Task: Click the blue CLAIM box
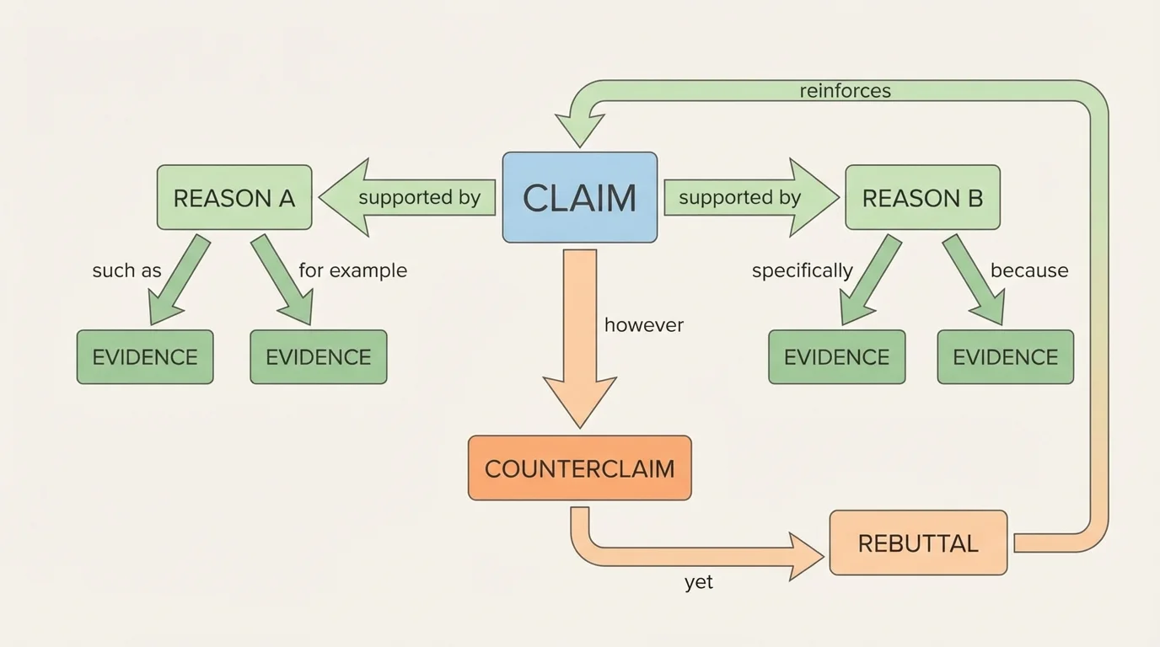[579, 198]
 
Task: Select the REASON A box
[234, 198]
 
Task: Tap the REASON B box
[922, 198]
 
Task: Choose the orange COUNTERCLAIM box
[579, 468]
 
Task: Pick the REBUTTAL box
[918, 543]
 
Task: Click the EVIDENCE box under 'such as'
[145, 357]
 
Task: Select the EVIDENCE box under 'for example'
[319, 357]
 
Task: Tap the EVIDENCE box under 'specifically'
[836, 357]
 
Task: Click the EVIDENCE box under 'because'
[1005, 357]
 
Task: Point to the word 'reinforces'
[845, 91]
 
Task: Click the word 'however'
[643, 325]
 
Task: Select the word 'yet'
[699, 582]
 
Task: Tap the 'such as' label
[126, 270]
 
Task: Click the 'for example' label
[352, 270]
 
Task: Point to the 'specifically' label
[802, 270]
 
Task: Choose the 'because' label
[1028, 270]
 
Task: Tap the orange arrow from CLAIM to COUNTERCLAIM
[580, 337]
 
